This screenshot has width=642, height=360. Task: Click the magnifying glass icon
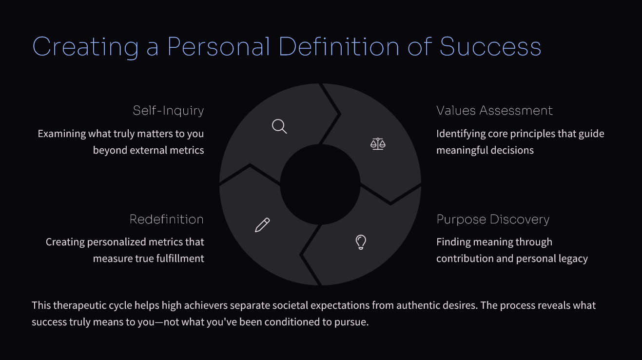[279, 126]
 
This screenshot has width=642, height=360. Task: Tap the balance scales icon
[378, 144]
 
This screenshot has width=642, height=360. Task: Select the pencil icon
[262, 225]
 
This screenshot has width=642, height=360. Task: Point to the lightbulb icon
[361, 242]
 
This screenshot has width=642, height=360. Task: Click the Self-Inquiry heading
[168, 111]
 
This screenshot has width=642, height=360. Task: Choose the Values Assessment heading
[494, 110]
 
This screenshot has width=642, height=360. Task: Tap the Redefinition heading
[167, 219]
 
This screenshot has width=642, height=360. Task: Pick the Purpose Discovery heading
[493, 220]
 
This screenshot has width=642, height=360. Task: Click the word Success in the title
[490, 46]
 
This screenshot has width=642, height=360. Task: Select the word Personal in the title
[219, 46]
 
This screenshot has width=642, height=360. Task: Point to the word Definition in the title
[339, 46]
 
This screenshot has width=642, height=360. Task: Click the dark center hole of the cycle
[320, 184]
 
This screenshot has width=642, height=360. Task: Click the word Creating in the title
[85, 47]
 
